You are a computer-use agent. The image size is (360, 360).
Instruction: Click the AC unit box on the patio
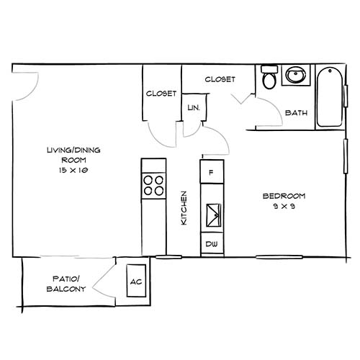[x=135, y=282]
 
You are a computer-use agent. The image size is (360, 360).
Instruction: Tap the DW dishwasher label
[x=212, y=244]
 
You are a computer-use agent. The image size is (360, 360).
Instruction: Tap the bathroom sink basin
[x=294, y=76]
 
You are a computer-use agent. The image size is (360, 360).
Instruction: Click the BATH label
[x=297, y=113]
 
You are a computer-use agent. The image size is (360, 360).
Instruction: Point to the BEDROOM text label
[x=284, y=196]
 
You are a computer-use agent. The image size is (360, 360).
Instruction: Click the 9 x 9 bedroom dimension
[x=284, y=208]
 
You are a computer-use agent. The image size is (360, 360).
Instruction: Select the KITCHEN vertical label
[x=184, y=209]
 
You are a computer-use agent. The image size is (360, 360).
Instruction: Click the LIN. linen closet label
[x=193, y=107]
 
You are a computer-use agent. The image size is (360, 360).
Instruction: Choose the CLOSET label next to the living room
[x=161, y=94]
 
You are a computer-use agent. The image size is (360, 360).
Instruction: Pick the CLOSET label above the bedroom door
[x=220, y=79]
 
